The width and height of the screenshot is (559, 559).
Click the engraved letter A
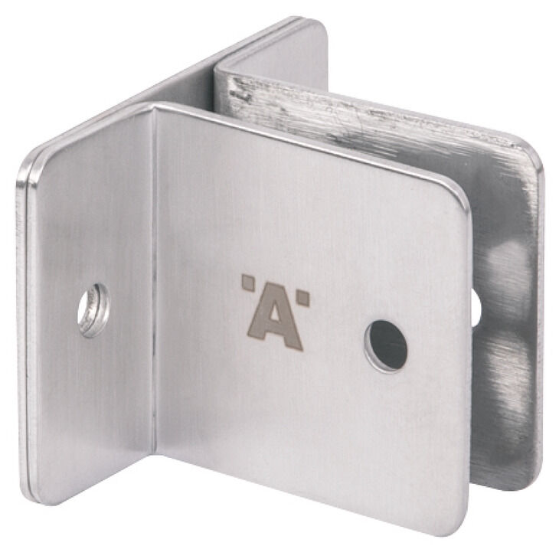pyautogui.click(x=274, y=320)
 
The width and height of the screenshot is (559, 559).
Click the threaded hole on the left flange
pyautogui.click(x=93, y=310)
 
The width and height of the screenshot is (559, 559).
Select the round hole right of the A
pyautogui.click(x=385, y=346)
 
